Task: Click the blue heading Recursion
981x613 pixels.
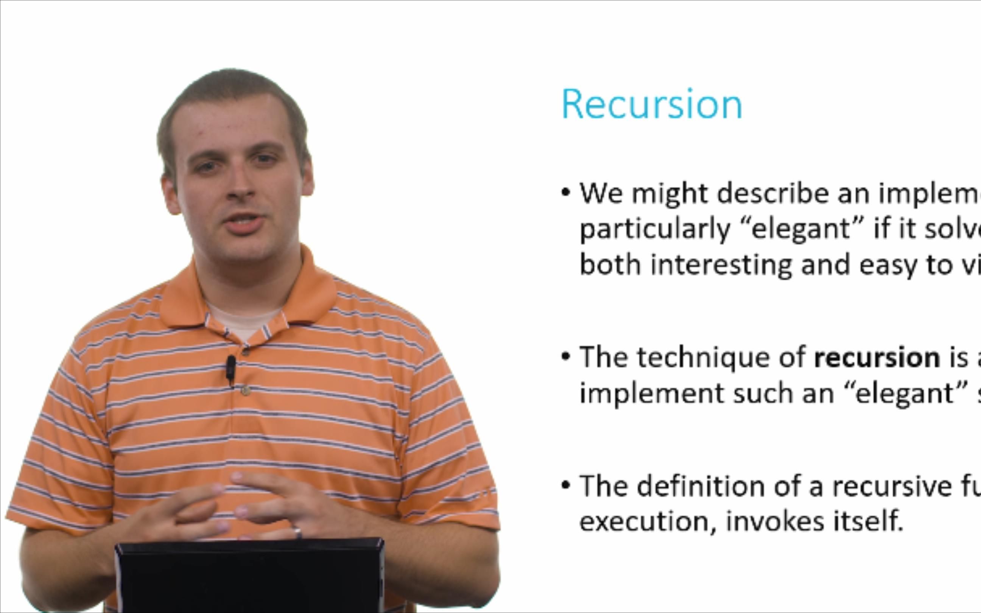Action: (x=652, y=104)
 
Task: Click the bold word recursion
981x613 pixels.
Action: (x=877, y=358)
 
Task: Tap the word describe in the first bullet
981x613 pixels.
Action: (x=773, y=193)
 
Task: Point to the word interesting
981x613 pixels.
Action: (x=721, y=265)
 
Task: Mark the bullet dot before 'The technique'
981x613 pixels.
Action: (x=565, y=357)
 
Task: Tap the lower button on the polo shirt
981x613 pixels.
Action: (x=245, y=391)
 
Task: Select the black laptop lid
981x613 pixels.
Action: (x=249, y=576)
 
